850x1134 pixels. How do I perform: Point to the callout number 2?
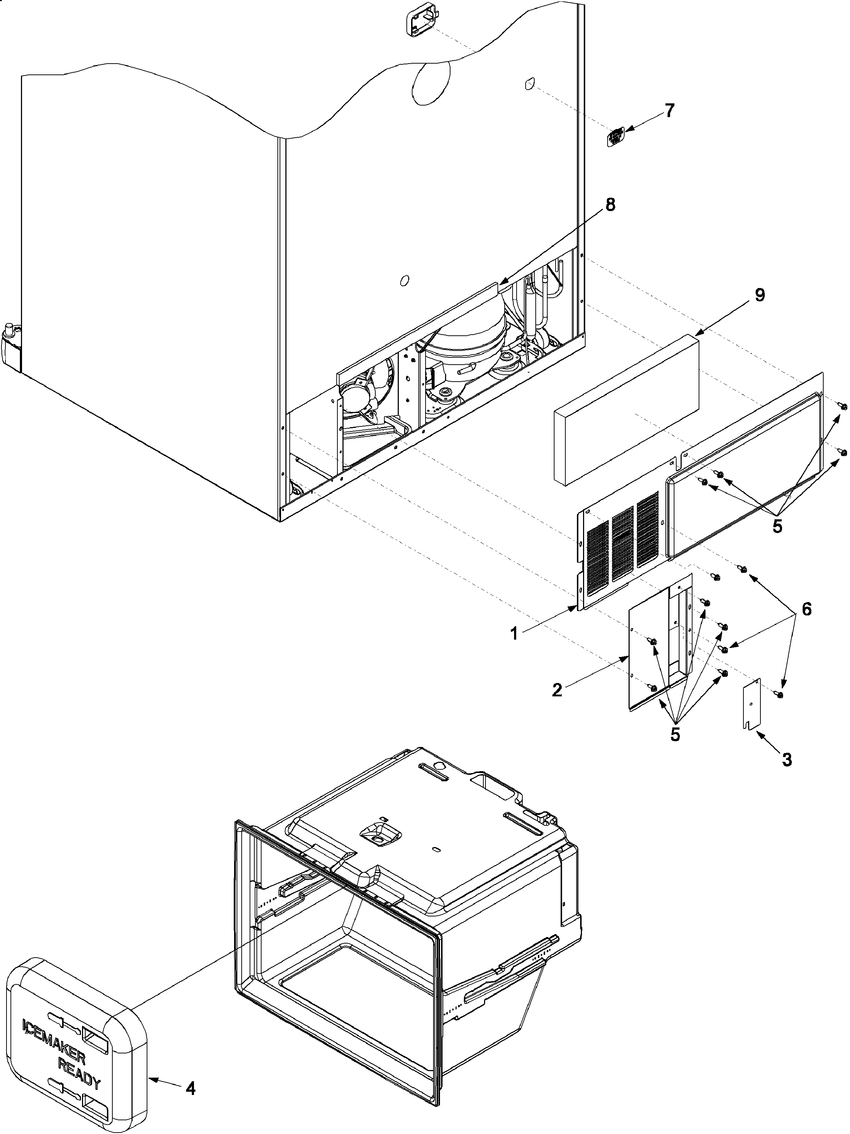click(x=557, y=690)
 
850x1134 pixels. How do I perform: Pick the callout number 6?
click(x=806, y=609)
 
